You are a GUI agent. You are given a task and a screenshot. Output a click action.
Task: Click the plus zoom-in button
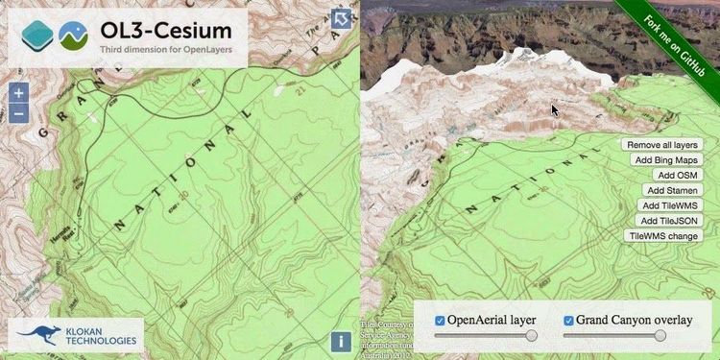click(19, 94)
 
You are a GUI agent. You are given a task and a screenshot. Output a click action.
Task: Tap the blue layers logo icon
click(39, 36)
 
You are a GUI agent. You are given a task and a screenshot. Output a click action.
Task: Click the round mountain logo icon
click(73, 36)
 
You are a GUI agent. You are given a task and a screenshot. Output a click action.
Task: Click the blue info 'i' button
click(341, 341)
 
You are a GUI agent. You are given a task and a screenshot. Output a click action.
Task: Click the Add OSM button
click(678, 175)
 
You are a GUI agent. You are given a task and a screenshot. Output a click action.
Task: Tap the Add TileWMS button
click(670, 205)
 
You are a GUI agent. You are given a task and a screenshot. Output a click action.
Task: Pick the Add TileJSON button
click(669, 220)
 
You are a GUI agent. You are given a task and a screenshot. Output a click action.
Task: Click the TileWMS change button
click(663, 235)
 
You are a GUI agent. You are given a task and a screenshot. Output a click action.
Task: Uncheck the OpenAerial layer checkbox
click(441, 320)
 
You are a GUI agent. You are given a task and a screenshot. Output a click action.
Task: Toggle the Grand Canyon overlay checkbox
click(568, 320)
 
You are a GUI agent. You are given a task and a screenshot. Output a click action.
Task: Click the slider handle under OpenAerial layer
click(531, 335)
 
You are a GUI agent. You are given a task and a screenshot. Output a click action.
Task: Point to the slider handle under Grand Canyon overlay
click(660, 335)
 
